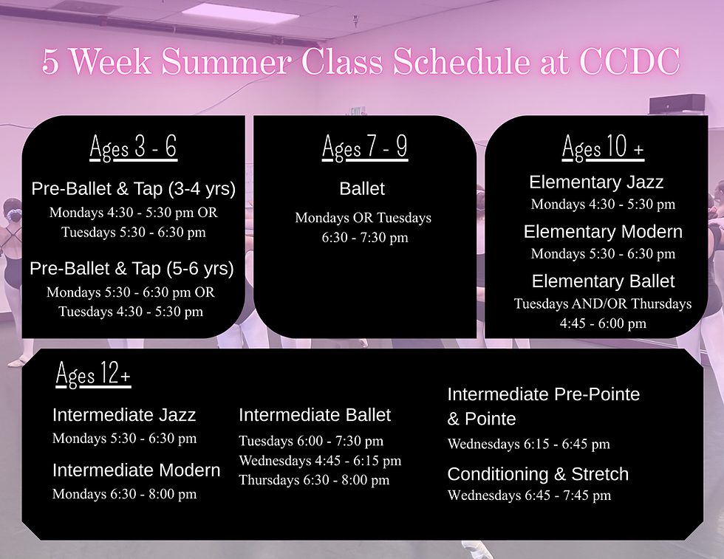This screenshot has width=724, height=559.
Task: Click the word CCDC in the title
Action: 629,61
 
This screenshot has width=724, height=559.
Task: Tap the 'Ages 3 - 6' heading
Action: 134,148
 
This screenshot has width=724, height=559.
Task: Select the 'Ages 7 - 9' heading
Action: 365,148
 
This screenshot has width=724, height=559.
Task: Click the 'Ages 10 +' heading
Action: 603,148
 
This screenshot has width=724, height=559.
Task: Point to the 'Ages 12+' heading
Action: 93,374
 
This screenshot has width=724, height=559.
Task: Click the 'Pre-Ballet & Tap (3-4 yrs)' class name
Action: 134,189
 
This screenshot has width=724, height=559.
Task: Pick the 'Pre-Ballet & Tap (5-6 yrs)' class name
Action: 132,268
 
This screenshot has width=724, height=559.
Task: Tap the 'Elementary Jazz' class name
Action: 596,182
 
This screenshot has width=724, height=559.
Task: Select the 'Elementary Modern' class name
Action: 603,232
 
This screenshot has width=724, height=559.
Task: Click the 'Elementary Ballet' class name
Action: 603,281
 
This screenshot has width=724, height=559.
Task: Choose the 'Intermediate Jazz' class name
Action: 124,415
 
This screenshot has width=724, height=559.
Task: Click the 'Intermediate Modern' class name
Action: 136,470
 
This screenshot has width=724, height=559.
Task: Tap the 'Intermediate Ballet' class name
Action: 315,415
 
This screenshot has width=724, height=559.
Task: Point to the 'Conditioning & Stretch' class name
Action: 538,474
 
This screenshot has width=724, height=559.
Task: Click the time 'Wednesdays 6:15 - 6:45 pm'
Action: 529,444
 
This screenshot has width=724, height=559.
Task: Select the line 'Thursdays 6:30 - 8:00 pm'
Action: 314,480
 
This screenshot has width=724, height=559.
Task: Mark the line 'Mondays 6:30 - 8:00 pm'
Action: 125,494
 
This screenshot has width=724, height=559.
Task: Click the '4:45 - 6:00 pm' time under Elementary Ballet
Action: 603,323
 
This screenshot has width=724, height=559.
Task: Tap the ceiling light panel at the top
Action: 241,13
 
